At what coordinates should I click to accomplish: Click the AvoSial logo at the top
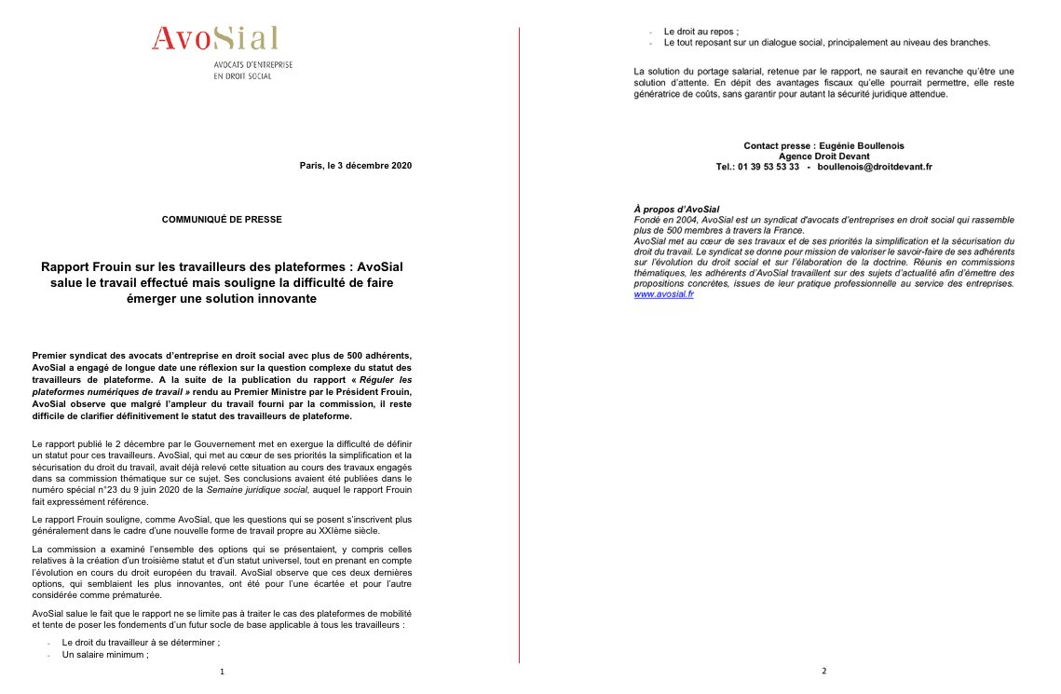(215, 38)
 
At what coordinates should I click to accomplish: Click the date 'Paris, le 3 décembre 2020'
(355, 165)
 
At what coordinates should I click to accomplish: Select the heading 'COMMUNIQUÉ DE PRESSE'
(222, 219)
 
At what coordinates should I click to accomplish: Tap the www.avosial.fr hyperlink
(663, 294)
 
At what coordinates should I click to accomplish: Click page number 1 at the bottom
(222, 672)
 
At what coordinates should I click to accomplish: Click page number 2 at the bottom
(823, 672)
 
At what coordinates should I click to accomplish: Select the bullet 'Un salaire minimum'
(104, 655)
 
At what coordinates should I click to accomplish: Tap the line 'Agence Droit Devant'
(823, 156)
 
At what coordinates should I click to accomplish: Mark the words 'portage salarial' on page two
(735, 71)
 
